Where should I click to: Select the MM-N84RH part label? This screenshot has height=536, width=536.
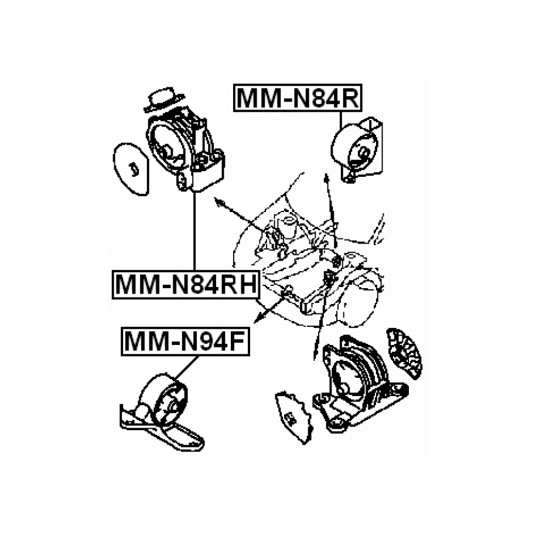(184, 285)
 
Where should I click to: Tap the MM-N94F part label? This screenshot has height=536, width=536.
(185, 341)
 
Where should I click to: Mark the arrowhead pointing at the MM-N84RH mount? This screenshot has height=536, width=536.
(219, 202)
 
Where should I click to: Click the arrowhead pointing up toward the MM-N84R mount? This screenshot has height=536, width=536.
(327, 178)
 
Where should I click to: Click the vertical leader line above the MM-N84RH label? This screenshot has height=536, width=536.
(193, 234)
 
